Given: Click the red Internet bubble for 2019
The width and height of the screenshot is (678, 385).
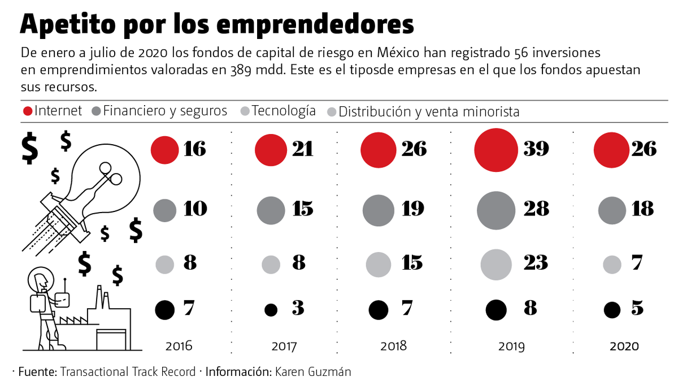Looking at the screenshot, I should pyautogui.click(x=496, y=150).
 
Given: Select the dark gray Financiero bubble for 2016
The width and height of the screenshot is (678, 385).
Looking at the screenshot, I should pyautogui.click(x=166, y=210).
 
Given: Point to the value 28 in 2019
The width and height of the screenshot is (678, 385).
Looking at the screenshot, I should pyautogui.click(x=536, y=209).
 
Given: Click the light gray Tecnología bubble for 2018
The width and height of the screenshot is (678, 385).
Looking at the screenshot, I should pyautogui.click(x=379, y=263).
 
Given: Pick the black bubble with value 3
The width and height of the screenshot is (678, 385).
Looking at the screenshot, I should pyautogui.click(x=271, y=310).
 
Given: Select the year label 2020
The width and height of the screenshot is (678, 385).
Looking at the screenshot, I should pyautogui.click(x=624, y=346).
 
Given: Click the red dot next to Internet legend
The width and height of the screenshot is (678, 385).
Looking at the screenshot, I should pyautogui.click(x=27, y=111).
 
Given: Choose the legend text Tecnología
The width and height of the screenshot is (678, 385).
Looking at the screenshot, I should pyautogui.click(x=284, y=111).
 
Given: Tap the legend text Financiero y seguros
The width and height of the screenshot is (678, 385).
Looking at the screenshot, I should pyautogui.click(x=165, y=111).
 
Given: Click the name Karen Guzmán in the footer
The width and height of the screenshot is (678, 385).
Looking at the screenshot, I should pyautogui.click(x=321, y=371).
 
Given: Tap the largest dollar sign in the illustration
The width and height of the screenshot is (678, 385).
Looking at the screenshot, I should pyautogui.click(x=29, y=148).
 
